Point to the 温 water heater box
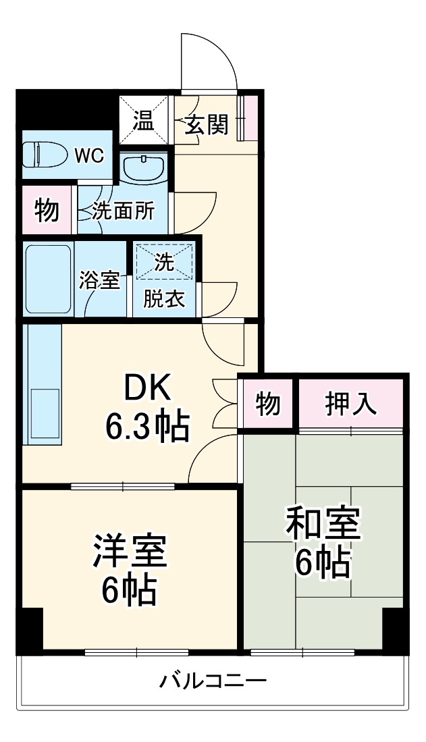coord(143,120)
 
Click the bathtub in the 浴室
coord(49,279)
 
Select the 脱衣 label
coord(164,300)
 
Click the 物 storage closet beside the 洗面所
coord(47,209)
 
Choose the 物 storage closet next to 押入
coord(268,404)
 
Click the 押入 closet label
coord(351,404)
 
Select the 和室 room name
coord(323,523)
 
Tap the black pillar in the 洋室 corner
coord(29,630)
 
